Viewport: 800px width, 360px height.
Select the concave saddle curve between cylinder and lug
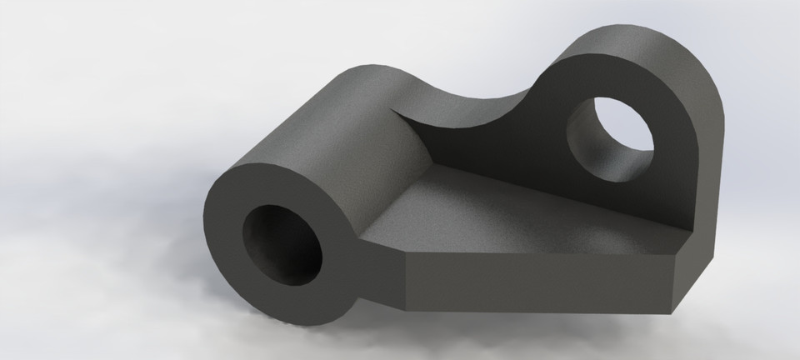coord(467,104)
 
